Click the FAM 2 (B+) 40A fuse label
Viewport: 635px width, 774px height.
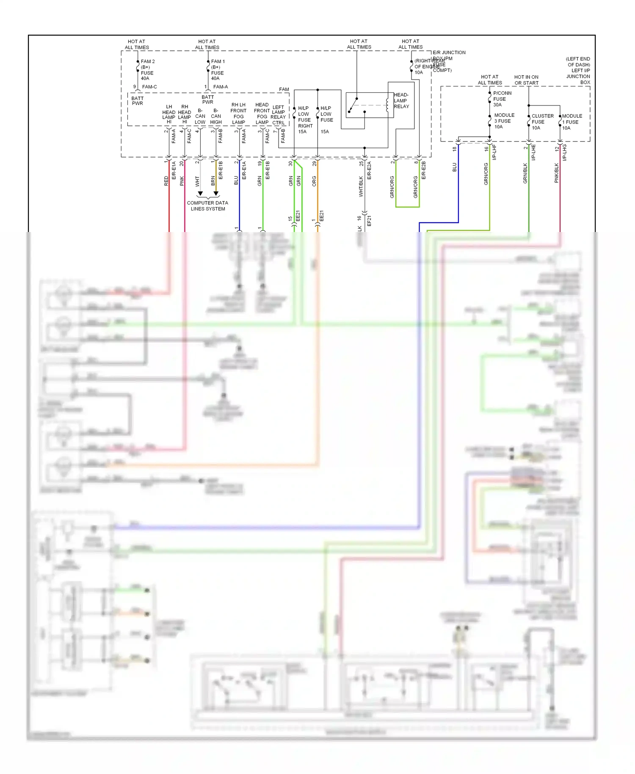[x=147, y=70]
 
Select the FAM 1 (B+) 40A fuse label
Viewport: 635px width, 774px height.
[x=218, y=70]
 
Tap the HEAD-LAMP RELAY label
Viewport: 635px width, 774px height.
[x=401, y=101]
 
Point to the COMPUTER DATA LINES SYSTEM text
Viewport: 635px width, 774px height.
[x=207, y=206]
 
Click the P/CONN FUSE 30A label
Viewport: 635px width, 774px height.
[x=502, y=99]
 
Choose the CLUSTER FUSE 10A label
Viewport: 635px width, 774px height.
[x=542, y=122]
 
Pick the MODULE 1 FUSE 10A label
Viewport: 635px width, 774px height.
[x=572, y=122]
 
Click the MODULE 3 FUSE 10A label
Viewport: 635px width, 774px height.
[x=504, y=121]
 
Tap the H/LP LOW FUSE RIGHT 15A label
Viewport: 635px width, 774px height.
[x=305, y=120]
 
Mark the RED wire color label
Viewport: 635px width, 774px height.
[x=166, y=181]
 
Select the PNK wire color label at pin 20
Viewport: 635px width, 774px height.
[x=182, y=181]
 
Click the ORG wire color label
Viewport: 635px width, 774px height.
[x=314, y=181]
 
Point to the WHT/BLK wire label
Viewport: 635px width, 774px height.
[x=361, y=187]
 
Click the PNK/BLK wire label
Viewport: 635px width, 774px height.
[x=557, y=173]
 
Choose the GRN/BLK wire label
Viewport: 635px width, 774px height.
[x=525, y=173]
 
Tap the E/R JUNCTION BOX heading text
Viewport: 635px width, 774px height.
[x=449, y=53]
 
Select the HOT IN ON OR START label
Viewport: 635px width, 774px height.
[x=526, y=80]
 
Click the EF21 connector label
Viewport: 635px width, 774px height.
[x=369, y=221]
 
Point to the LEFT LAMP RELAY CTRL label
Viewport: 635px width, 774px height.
[x=278, y=115]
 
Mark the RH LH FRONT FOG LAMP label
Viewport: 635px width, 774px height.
[x=238, y=113]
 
